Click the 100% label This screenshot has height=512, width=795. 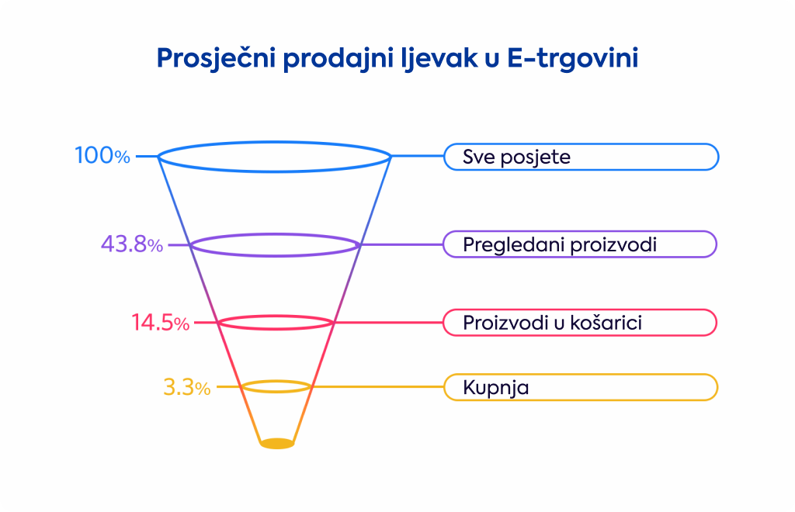[102, 155]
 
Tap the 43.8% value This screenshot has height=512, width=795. [132, 244]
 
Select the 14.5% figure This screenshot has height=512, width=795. [160, 323]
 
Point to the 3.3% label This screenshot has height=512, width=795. [186, 387]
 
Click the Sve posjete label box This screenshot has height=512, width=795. [581, 157]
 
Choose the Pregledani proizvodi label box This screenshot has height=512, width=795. [580, 244]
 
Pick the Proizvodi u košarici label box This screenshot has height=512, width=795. [580, 323]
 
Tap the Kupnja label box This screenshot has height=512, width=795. [581, 387]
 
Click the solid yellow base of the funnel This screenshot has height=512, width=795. [277, 444]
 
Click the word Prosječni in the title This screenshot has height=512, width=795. [217, 58]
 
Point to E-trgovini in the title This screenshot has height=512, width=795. [572, 57]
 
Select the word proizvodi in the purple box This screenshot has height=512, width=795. [613, 245]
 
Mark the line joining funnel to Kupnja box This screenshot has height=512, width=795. [377, 387]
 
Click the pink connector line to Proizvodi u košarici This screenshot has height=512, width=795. [388, 323]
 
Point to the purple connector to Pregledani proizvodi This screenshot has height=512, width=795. [401, 244]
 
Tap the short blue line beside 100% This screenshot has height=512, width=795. [147, 157]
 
